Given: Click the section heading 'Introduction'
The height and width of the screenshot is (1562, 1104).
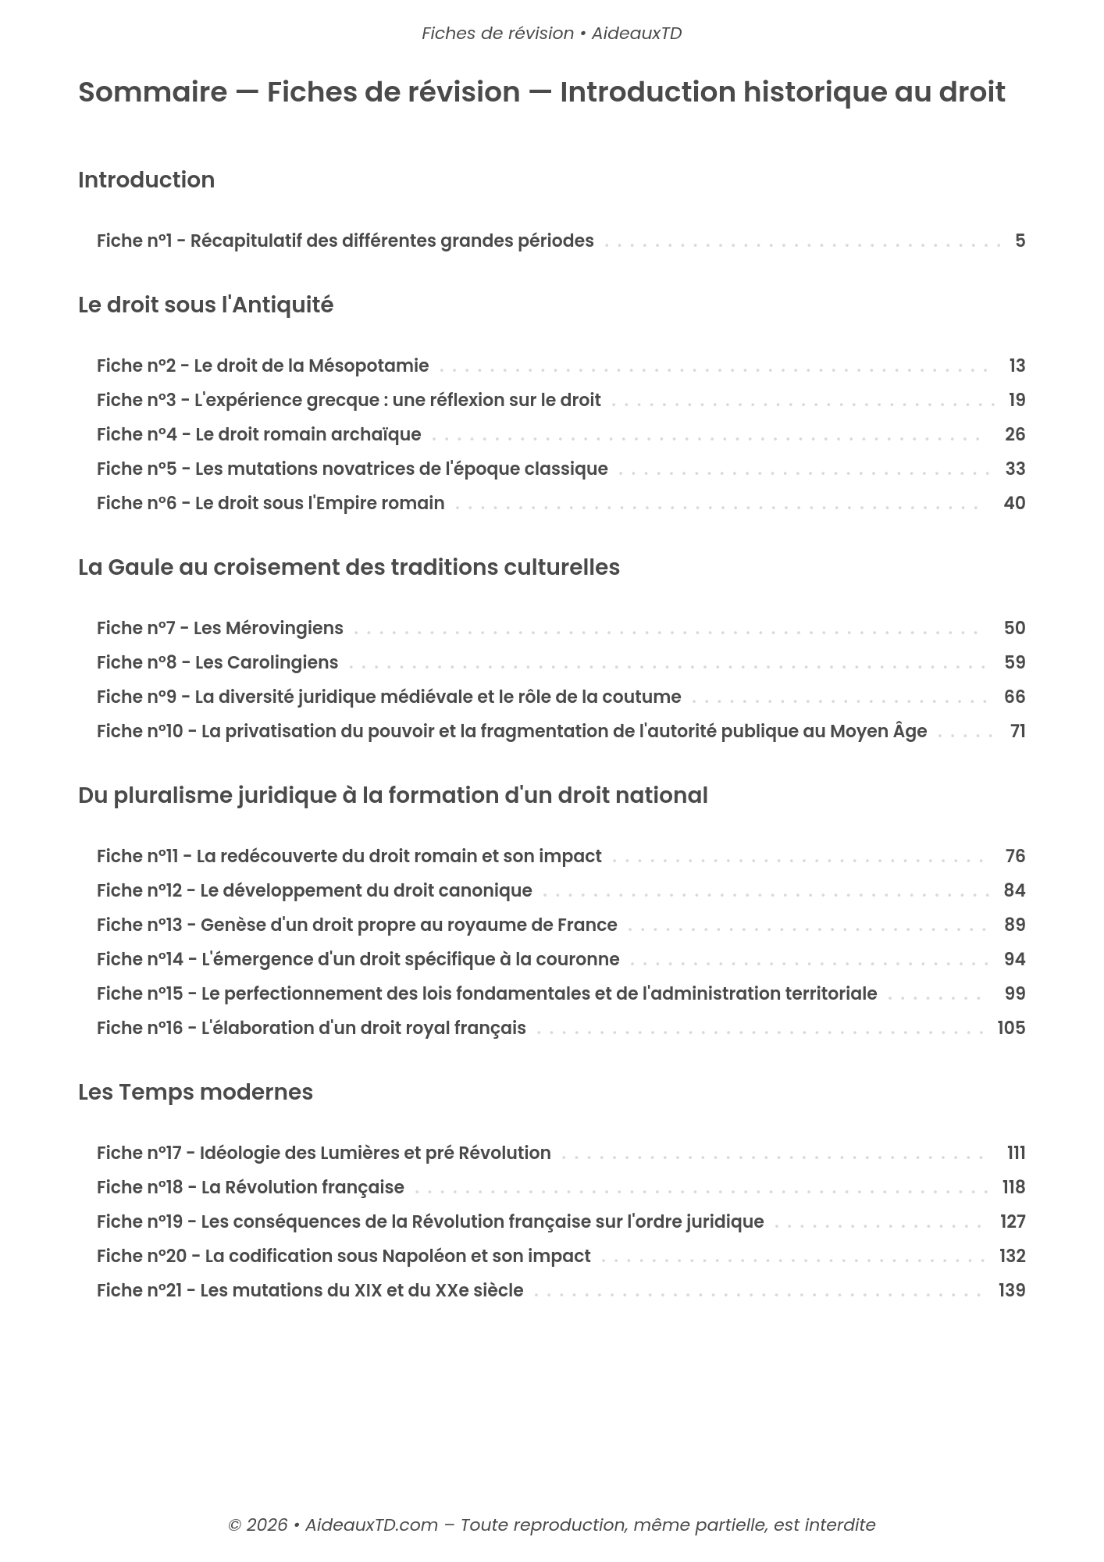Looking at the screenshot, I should point(146,180).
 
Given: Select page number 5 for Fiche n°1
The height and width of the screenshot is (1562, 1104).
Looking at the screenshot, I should point(1020,241).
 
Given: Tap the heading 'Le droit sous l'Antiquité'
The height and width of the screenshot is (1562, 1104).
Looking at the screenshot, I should point(205,305).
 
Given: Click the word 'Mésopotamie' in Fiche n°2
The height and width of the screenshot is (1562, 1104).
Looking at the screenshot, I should point(369,366).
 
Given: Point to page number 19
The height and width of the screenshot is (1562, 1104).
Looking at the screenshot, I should point(1016,400).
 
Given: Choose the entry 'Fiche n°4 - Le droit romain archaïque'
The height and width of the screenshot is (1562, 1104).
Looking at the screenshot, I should point(258,434).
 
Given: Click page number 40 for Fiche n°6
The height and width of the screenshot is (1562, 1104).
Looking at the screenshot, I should point(1013,503).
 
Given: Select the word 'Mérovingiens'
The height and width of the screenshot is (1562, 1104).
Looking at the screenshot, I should point(283,628).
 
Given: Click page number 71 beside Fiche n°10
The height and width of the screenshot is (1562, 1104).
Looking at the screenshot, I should point(1017,731).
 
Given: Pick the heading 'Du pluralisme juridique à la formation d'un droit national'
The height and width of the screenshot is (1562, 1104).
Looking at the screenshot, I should point(393,795).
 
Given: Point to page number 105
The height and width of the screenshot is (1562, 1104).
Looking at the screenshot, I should point(1010,1028).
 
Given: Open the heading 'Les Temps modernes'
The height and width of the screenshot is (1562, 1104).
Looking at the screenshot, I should point(195,1092).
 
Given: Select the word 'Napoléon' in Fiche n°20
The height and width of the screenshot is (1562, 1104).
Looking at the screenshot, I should point(419,1256).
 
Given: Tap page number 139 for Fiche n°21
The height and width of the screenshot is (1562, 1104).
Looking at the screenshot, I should point(1011,1290).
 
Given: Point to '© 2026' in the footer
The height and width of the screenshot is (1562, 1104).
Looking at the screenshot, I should point(257,1525).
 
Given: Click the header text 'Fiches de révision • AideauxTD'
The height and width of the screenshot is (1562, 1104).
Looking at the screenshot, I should point(551,34).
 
